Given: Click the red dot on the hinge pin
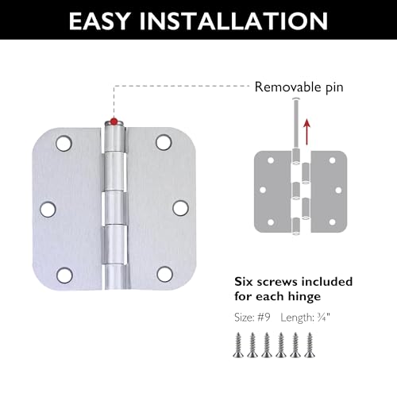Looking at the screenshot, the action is [x=114, y=121].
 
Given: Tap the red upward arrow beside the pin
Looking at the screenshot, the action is [x=306, y=132].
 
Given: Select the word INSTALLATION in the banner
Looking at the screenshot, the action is [x=234, y=21].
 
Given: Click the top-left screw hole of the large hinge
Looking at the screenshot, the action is [x=64, y=143].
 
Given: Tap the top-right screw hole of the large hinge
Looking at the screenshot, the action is [x=164, y=142].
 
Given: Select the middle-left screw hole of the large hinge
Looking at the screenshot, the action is [x=48, y=209].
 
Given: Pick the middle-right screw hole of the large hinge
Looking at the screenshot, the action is [x=180, y=208].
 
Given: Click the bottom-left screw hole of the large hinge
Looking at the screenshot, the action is [x=64, y=276].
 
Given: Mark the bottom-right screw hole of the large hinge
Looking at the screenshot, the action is [x=164, y=274].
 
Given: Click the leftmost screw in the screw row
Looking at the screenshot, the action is [x=238, y=345].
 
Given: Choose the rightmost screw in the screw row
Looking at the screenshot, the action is [x=310, y=345].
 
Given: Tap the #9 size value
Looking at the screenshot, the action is [x=264, y=318].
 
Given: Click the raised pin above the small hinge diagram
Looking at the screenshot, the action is [x=296, y=124].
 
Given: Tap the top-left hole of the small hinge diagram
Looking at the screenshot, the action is [x=271, y=160].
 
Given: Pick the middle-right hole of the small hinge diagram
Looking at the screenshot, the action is [x=338, y=190].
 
